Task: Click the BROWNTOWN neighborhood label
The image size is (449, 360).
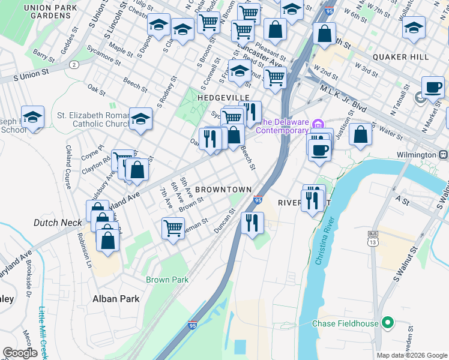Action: (223, 190)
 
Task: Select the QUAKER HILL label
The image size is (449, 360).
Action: (400, 57)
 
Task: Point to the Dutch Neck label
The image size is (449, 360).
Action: (58, 223)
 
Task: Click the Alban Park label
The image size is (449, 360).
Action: (116, 299)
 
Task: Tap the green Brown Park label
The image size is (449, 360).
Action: (167, 280)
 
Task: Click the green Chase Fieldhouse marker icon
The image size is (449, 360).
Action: (388, 323)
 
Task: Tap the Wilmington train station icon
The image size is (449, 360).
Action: (444, 155)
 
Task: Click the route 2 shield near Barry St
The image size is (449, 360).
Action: (73, 64)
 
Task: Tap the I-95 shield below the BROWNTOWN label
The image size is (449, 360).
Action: (258, 200)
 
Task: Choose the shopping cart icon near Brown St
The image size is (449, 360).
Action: (173, 227)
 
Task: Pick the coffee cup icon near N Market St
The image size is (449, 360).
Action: (432, 87)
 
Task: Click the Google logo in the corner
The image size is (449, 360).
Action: (20, 353)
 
